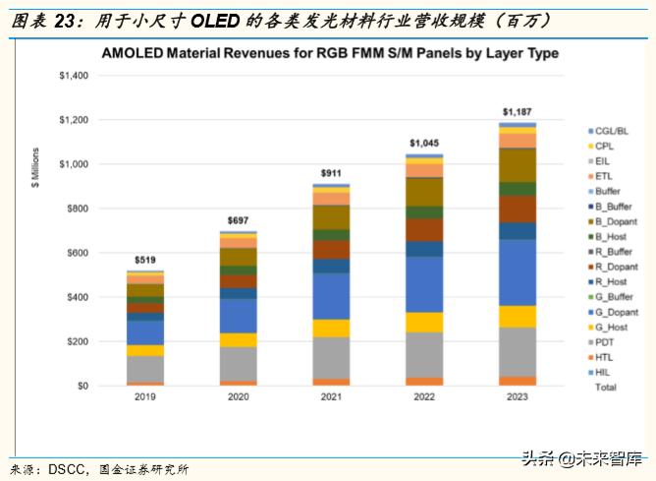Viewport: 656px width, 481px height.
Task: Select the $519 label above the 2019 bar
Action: [x=145, y=260]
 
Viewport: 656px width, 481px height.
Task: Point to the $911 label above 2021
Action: [x=330, y=174]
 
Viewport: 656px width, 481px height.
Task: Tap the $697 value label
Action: [x=238, y=220]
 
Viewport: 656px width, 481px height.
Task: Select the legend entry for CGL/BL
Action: [x=612, y=131]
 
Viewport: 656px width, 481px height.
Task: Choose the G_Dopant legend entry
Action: [x=615, y=312]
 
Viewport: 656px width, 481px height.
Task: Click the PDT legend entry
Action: [x=605, y=342]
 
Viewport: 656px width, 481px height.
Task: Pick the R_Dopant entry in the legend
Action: [x=615, y=267]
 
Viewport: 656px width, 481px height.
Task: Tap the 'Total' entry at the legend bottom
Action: [x=607, y=388]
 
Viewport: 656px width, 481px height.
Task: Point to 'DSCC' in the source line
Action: [x=66, y=469]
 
